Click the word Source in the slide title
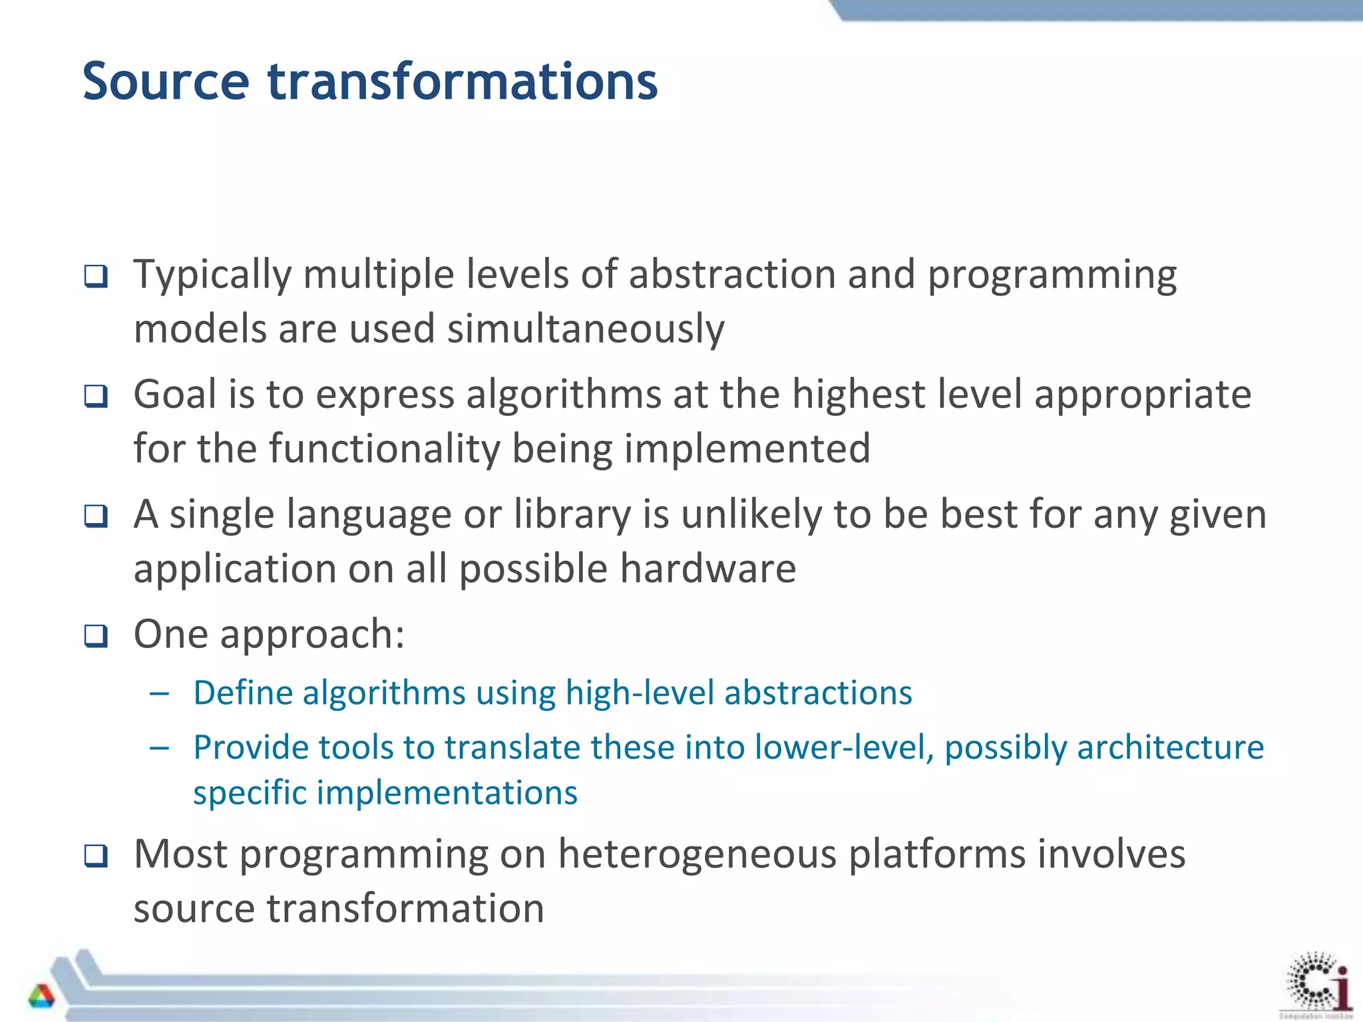166,82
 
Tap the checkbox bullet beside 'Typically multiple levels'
96,275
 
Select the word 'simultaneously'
586,329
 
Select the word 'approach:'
312,634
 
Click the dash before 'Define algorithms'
160,694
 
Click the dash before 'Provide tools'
160,749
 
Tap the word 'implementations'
447,793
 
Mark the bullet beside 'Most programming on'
96,856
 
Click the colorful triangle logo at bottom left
41,996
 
